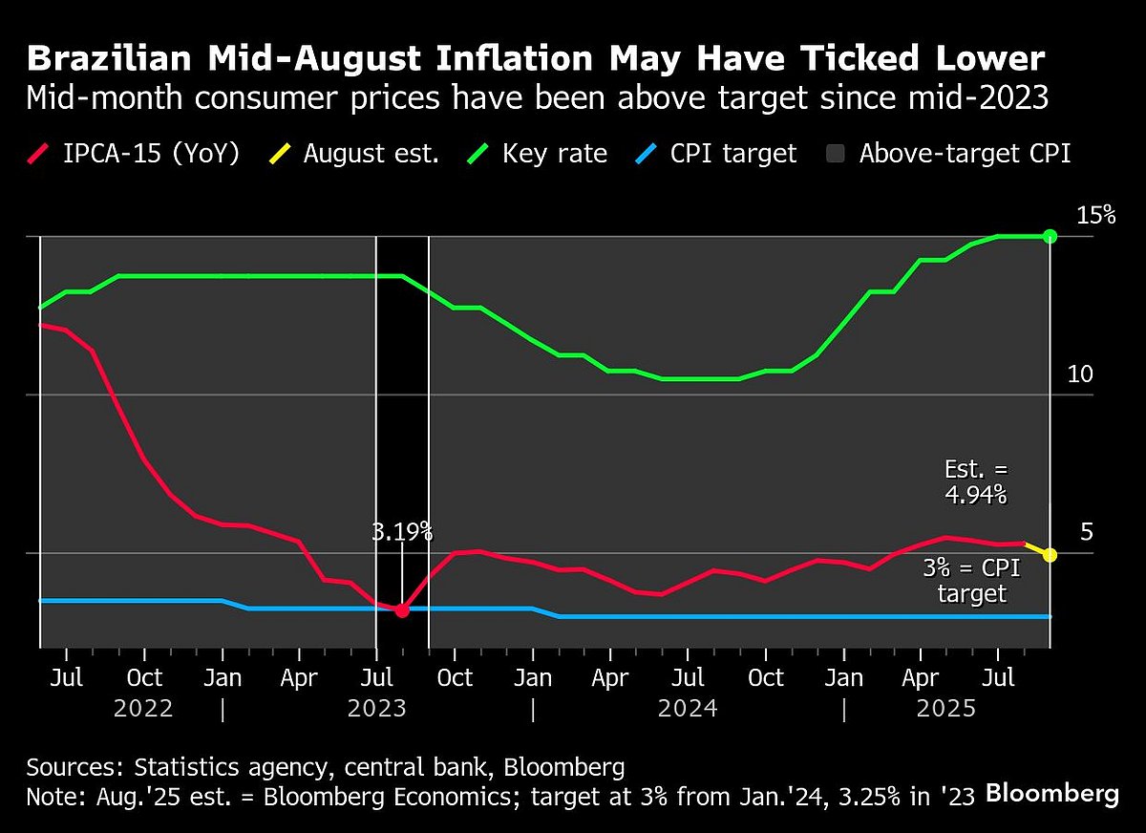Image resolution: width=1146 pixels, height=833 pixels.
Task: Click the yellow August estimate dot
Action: pyautogui.click(x=1050, y=554)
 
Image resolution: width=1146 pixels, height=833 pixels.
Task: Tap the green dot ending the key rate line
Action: pyautogui.click(x=1050, y=236)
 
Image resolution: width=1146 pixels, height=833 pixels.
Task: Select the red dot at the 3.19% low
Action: pyautogui.click(x=402, y=609)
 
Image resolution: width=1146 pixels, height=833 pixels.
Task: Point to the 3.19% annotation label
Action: pyautogui.click(x=402, y=532)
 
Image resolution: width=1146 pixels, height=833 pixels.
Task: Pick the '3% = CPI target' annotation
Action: pyautogui.click(x=971, y=581)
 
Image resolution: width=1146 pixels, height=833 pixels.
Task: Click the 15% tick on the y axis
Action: pyautogui.click(x=1095, y=215)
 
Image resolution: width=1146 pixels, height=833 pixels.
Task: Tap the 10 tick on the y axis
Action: pyautogui.click(x=1079, y=374)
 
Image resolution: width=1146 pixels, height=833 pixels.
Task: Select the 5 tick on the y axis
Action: pyautogui.click(x=1086, y=532)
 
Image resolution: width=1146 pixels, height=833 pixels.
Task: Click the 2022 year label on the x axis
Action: pyautogui.click(x=143, y=709)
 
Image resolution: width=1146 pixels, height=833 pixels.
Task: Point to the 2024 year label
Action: pyautogui.click(x=688, y=709)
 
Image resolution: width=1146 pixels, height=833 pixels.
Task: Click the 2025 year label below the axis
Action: pyautogui.click(x=945, y=709)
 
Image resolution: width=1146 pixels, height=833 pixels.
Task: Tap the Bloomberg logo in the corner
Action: pyautogui.click(x=1051, y=793)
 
